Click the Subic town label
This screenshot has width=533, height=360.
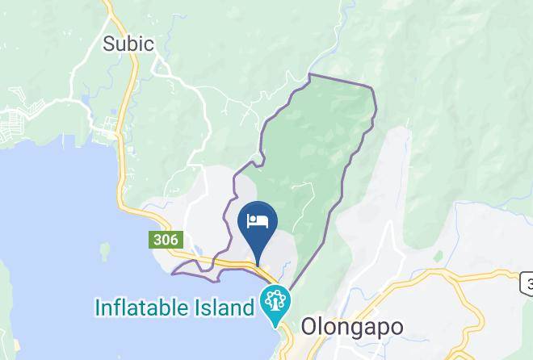pyautogui.click(x=128, y=44)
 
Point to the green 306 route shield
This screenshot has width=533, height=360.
pyautogui.click(x=165, y=240)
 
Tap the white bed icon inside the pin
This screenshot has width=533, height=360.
pyautogui.click(x=258, y=220)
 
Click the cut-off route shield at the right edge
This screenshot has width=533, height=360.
pyautogui.click(x=527, y=283)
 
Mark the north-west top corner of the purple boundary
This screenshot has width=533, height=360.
pyautogui.click(x=310, y=75)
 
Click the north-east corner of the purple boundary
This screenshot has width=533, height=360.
pyautogui.click(x=372, y=86)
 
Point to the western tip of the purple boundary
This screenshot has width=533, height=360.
pyautogui.click(x=173, y=273)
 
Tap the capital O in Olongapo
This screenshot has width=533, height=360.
pyautogui.click(x=309, y=327)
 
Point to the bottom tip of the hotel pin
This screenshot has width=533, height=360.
pyautogui.click(x=258, y=264)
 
